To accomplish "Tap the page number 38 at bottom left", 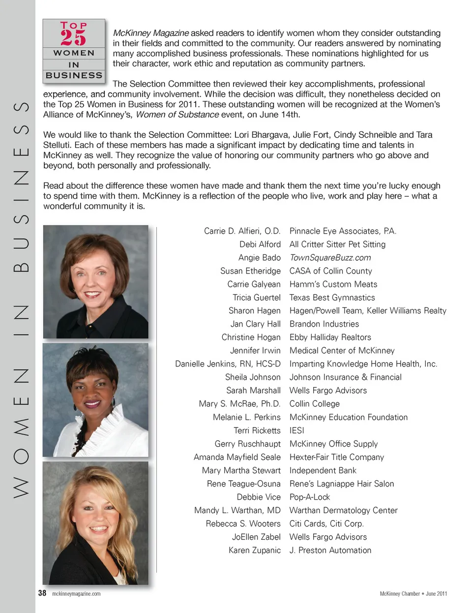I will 42,593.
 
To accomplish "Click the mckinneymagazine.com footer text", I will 76,594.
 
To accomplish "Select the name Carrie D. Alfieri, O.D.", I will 242,231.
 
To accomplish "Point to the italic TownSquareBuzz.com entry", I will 330,258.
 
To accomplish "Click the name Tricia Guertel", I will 256,298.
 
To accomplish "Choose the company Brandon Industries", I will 324,324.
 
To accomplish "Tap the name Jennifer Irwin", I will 255,351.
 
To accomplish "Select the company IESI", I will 296,430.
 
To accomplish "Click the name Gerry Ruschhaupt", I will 247,444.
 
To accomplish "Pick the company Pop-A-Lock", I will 309,497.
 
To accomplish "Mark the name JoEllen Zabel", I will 256,537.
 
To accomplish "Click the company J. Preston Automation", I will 330,550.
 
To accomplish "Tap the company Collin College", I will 314,404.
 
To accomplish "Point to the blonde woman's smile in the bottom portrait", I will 98,529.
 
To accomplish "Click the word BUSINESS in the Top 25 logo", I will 74,75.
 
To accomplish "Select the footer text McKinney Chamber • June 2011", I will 413,594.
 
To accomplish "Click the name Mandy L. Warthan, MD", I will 237,510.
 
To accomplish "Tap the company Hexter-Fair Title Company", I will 336,457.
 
